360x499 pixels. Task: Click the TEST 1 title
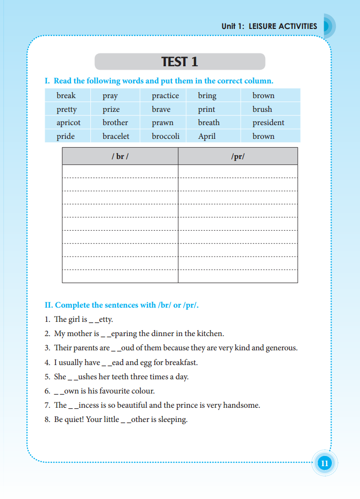[179, 62]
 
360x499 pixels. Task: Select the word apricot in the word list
[68, 123]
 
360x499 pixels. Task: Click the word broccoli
[166, 136]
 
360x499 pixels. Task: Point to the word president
[268, 123]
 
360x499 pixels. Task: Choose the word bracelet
[116, 136]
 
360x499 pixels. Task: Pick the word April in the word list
[207, 136]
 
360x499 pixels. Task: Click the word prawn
[163, 123]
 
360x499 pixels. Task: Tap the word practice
[165, 96]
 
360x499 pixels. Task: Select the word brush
[262, 109]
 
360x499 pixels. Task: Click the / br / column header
[120, 157]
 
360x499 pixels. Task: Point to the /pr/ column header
[238, 157]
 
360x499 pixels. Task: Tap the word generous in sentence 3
[281, 348]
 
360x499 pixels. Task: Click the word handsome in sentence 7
[241, 405]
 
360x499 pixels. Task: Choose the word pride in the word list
[66, 136]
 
